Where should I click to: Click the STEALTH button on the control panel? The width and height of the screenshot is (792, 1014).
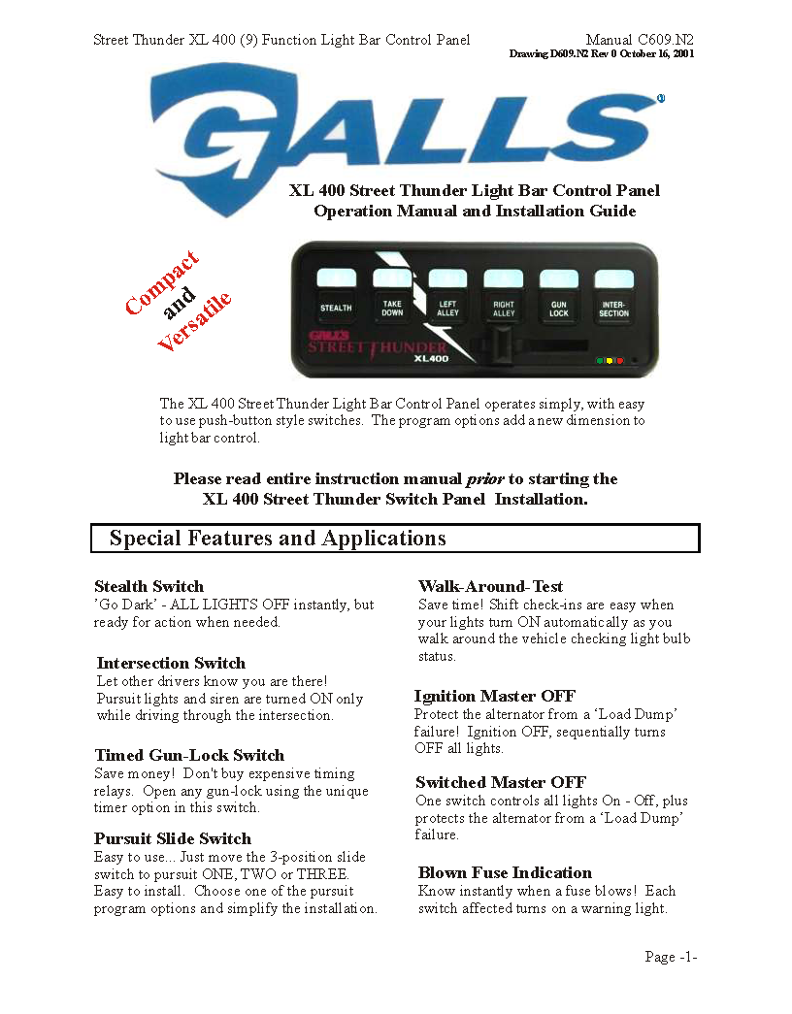click(x=336, y=308)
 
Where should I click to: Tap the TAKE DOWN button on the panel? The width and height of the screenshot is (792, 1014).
click(x=392, y=308)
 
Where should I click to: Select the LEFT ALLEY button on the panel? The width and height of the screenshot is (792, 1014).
click(x=447, y=308)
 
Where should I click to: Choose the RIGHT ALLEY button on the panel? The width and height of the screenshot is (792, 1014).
click(x=504, y=308)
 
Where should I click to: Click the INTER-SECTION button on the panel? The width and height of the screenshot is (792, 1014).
click(x=614, y=308)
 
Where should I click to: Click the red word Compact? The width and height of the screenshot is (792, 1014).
click(x=162, y=282)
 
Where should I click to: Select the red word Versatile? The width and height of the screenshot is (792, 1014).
click(x=194, y=321)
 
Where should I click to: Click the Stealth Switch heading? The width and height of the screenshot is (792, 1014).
click(x=148, y=586)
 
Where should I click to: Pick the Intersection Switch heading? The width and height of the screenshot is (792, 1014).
click(x=171, y=663)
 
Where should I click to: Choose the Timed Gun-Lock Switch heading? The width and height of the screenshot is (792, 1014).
click(x=189, y=755)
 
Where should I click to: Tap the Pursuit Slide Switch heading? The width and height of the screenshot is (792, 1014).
click(x=172, y=838)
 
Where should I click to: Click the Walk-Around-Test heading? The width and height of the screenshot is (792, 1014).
click(x=490, y=586)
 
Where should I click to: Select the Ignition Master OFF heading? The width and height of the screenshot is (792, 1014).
click(x=494, y=696)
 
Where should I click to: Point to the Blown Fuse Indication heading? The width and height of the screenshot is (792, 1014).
click(x=505, y=872)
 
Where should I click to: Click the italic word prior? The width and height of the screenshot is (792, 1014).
click(x=485, y=478)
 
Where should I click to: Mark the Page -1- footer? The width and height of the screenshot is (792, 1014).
click(x=671, y=957)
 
